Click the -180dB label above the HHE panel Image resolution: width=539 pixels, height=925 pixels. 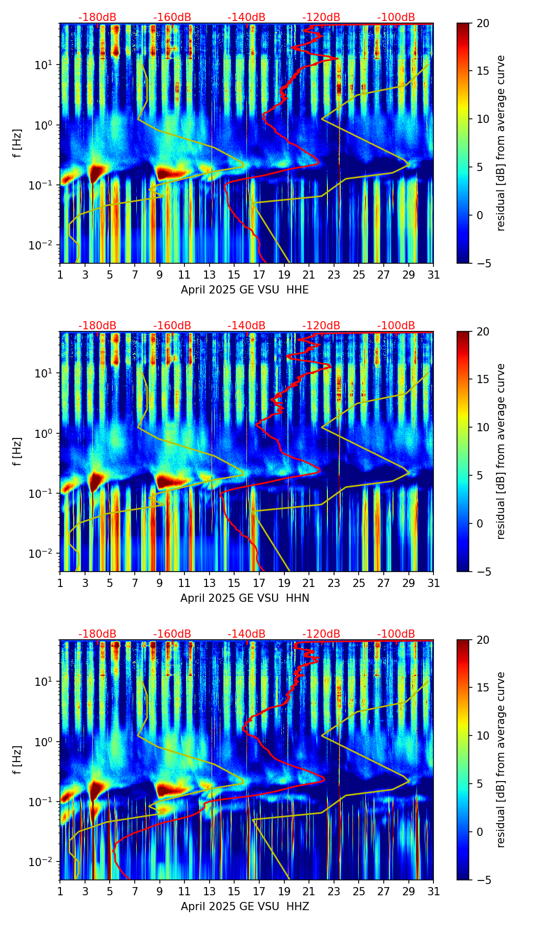(97, 17)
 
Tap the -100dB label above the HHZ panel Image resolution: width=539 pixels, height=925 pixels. (396, 634)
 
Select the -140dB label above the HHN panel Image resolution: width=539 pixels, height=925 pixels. (246, 326)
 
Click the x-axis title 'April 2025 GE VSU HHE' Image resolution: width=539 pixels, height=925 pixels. (245, 290)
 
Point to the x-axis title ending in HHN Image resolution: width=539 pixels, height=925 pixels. (245, 598)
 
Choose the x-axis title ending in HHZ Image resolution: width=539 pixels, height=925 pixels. (245, 907)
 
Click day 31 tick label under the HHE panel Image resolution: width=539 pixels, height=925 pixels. (433, 275)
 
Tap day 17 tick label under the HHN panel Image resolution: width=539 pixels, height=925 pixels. (259, 583)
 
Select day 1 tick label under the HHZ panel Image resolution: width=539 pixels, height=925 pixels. (60, 892)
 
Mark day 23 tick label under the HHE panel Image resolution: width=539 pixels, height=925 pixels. (334, 275)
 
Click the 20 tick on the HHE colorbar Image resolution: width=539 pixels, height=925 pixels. (483, 24)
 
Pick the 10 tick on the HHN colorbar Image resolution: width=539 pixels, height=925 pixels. (483, 427)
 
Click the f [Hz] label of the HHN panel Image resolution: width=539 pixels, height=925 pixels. (18, 451)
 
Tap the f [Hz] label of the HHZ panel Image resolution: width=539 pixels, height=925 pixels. (18, 760)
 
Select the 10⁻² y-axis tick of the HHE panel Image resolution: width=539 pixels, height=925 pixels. (46, 246)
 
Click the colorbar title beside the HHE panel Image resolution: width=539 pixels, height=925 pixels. (501, 143)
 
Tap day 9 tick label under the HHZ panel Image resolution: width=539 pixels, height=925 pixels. (160, 892)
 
